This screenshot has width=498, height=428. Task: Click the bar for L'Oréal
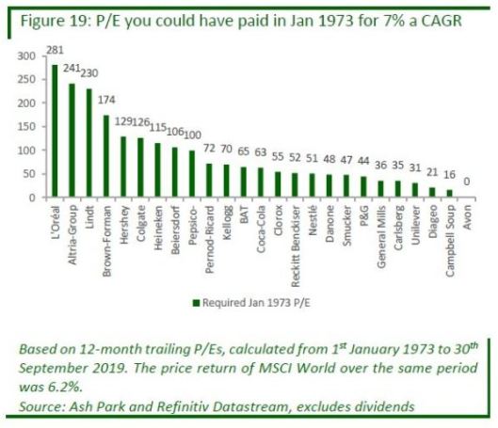coord(55,131)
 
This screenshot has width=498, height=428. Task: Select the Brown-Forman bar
coord(106,156)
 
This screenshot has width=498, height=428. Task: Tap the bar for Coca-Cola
coord(261,182)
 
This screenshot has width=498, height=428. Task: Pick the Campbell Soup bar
coord(449,193)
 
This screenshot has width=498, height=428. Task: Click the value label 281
coord(55,50)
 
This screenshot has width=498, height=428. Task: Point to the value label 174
coord(106,100)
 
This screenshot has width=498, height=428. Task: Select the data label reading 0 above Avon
coord(467,182)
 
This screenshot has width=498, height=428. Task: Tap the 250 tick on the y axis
coord(26,79)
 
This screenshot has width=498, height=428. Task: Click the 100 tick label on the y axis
coord(26,151)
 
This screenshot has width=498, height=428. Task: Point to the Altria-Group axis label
coord(72,235)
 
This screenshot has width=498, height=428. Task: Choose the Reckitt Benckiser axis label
coord(296,246)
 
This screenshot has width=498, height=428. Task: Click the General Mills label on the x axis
coord(381,237)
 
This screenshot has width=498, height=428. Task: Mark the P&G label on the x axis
coord(364,215)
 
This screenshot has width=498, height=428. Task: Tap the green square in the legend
coord(196,303)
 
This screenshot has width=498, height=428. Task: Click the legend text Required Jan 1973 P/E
coord(256,303)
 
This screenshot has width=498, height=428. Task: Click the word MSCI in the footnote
coord(275,368)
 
